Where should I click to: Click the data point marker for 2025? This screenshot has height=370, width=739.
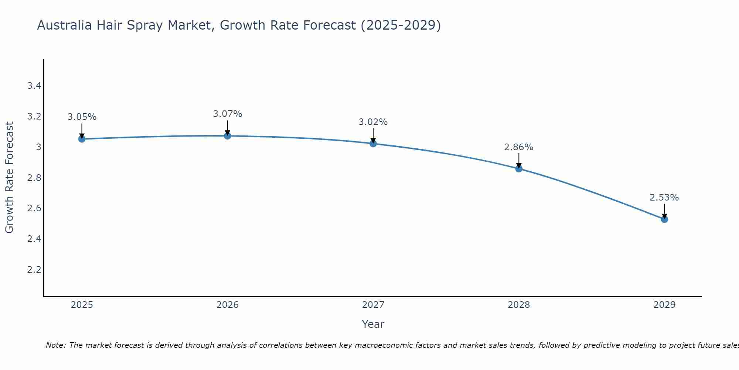point(82,139)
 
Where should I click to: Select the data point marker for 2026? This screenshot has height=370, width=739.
point(227,136)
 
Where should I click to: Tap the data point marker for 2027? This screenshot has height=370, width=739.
point(373,144)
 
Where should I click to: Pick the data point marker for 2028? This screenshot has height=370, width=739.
point(518,169)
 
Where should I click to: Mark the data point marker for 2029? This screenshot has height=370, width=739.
point(664,219)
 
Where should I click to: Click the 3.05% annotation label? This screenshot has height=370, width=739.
point(82,117)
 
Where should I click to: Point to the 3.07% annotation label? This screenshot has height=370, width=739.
point(227,114)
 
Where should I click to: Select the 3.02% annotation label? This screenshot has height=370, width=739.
point(373,122)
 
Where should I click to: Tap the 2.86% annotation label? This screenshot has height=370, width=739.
point(518,147)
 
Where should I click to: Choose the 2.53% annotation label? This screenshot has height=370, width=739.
point(664,198)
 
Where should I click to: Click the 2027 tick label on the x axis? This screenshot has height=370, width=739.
point(373,305)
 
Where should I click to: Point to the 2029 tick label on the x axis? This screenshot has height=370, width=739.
point(664,305)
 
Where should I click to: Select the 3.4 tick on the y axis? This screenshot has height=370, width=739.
point(34,86)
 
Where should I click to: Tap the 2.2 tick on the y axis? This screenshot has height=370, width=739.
point(34,269)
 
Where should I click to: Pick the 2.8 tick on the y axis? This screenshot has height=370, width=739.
point(34,178)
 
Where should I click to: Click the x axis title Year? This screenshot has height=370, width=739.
point(373,324)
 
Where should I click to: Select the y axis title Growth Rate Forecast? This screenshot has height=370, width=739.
point(9,178)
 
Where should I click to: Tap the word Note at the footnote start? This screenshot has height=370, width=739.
point(55,345)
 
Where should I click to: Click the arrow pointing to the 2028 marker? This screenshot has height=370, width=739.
point(518,161)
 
